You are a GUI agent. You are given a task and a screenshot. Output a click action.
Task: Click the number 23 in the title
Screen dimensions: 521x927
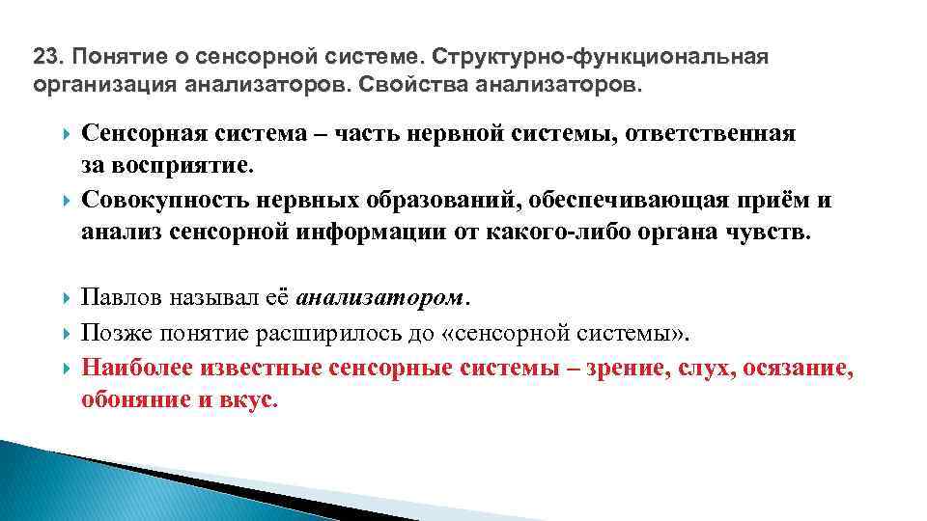point(44,57)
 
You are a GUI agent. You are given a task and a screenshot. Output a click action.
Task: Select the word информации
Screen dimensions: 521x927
point(376,233)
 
